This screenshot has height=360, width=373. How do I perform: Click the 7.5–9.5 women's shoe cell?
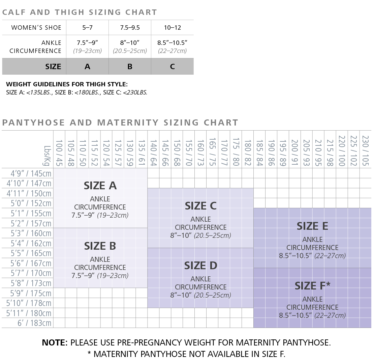click(130, 28)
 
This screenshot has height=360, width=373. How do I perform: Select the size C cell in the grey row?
click(173, 66)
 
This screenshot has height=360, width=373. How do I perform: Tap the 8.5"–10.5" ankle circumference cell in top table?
click(172, 47)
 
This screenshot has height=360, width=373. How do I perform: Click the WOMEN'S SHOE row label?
click(36, 28)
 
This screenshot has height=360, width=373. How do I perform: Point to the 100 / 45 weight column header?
click(59, 153)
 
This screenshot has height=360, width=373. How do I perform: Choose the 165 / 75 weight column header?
click(212, 152)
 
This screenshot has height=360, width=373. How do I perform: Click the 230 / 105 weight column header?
click(365, 151)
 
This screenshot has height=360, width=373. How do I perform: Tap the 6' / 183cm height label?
click(34, 323)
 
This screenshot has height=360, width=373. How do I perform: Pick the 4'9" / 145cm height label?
click(31, 173)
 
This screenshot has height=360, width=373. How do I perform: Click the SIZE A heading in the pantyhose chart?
click(100, 186)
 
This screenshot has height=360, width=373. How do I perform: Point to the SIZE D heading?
click(200, 266)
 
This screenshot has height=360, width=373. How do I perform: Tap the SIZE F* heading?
click(312, 285)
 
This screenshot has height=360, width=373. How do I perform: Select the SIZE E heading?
click(312, 226)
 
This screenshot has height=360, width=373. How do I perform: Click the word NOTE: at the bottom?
click(55, 342)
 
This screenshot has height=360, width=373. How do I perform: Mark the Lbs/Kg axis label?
click(47, 156)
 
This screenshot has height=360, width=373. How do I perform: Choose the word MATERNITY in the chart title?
click(128, 122)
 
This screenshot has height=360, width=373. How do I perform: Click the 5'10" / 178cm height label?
click(29, 303)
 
